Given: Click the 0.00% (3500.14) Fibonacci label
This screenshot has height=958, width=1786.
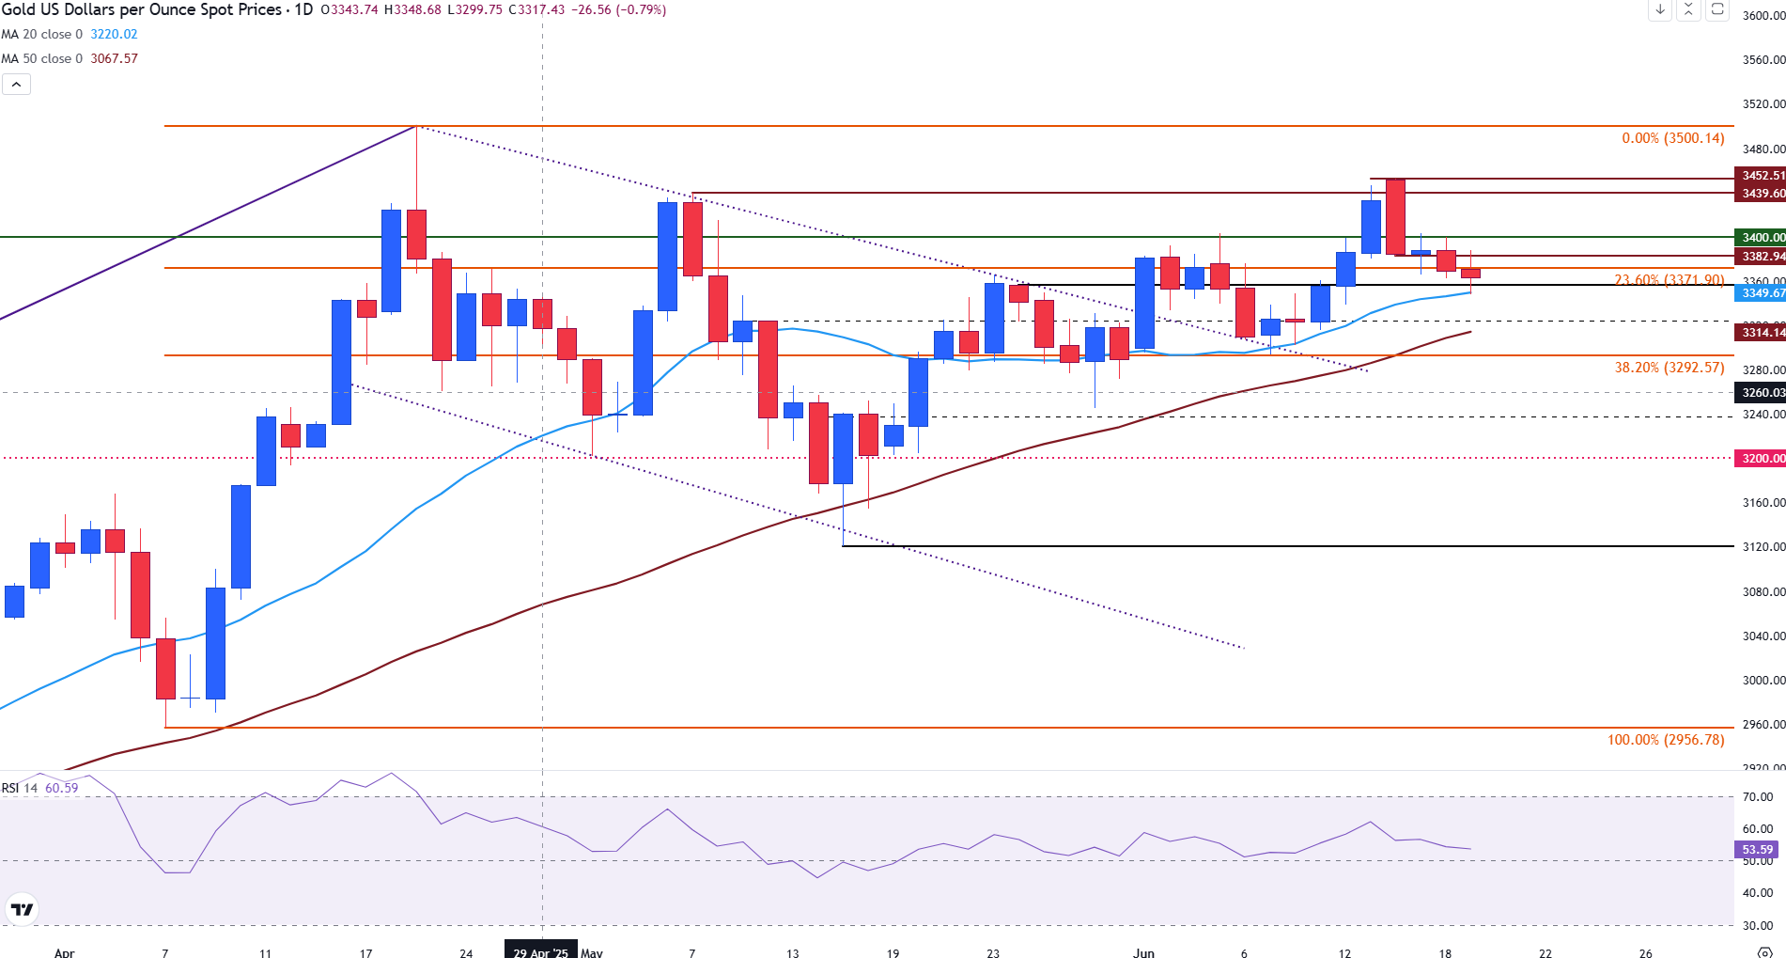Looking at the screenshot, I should point(1672,138).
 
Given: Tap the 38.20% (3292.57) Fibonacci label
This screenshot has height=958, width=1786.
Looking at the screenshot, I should point(1670,368).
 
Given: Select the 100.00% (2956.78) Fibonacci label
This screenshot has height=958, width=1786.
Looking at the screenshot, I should point(1666,740).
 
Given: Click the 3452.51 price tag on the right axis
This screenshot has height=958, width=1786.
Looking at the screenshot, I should point(1761,176).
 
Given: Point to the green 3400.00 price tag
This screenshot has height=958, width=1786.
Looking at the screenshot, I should point(1761,238).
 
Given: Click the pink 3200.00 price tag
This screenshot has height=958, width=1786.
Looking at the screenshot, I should point(1761,459).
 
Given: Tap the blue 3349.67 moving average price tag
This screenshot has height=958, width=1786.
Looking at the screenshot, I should point(1761,293).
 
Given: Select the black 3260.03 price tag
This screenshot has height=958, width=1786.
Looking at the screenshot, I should point(1761,393).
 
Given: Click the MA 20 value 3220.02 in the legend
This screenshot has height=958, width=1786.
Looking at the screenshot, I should point(114,34).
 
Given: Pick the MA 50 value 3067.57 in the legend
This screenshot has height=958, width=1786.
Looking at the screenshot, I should point(114,58).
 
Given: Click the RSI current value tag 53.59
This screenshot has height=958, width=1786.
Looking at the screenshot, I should point(1757,850).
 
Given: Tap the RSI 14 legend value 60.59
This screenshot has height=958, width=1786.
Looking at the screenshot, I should point(62,788).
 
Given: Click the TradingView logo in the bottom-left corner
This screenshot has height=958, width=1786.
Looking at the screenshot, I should point(21,909).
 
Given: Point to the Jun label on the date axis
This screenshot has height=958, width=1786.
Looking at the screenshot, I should point(1143,952).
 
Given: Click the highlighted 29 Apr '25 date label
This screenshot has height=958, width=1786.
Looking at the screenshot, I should point(541,952).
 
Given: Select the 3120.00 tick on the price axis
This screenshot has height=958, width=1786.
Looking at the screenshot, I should point(1763,547).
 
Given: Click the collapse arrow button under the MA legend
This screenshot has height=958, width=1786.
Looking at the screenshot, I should point(16,85).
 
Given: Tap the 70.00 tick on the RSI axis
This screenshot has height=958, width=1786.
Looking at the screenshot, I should point(1757,797).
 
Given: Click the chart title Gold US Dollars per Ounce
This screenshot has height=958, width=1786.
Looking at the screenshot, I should point(141,9).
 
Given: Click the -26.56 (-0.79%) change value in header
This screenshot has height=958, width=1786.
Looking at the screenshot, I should point(618,9).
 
